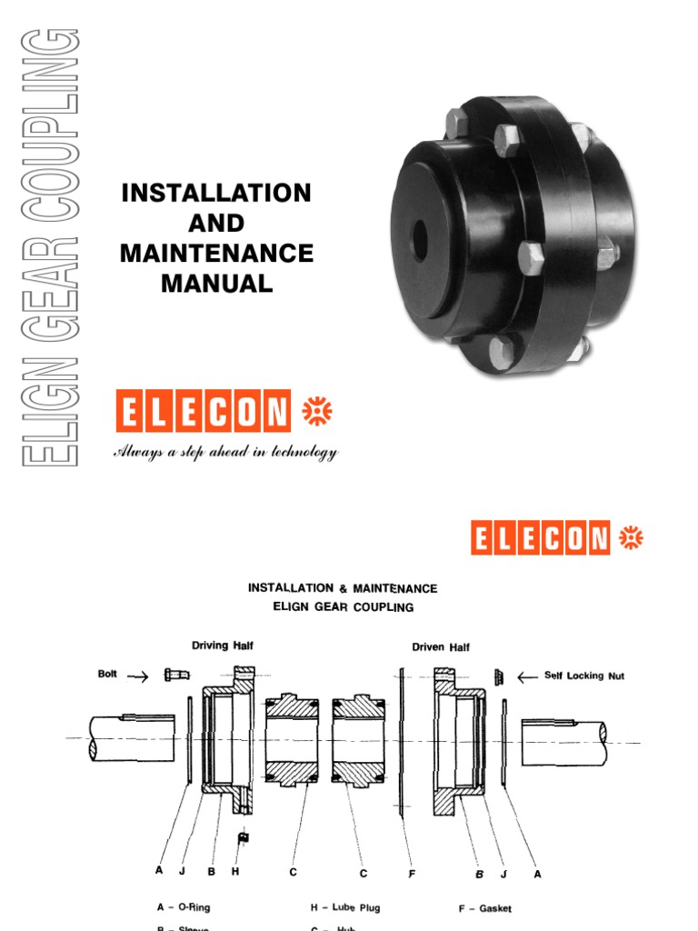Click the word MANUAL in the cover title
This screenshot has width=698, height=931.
[x=216, y=284]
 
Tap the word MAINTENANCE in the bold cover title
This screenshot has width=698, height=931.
[x=216, y=253]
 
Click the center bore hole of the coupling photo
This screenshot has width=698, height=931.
[x=420, y=238]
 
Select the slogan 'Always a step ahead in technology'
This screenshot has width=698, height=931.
[x=224, y=452]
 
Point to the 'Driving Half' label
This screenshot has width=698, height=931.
[x=222, y=646]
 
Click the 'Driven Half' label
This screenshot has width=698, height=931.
[x=441, y=647]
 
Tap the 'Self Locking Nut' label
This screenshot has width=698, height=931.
[x=584, y=676]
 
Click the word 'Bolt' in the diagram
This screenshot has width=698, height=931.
[x=109, y=675]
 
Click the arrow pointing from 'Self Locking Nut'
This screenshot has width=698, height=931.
[x=527, y=676]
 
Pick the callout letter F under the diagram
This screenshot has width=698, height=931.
[x=412, y=873]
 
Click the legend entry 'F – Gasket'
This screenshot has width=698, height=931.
[x=484, y=907]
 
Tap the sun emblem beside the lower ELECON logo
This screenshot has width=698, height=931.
[x=630, y=537]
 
